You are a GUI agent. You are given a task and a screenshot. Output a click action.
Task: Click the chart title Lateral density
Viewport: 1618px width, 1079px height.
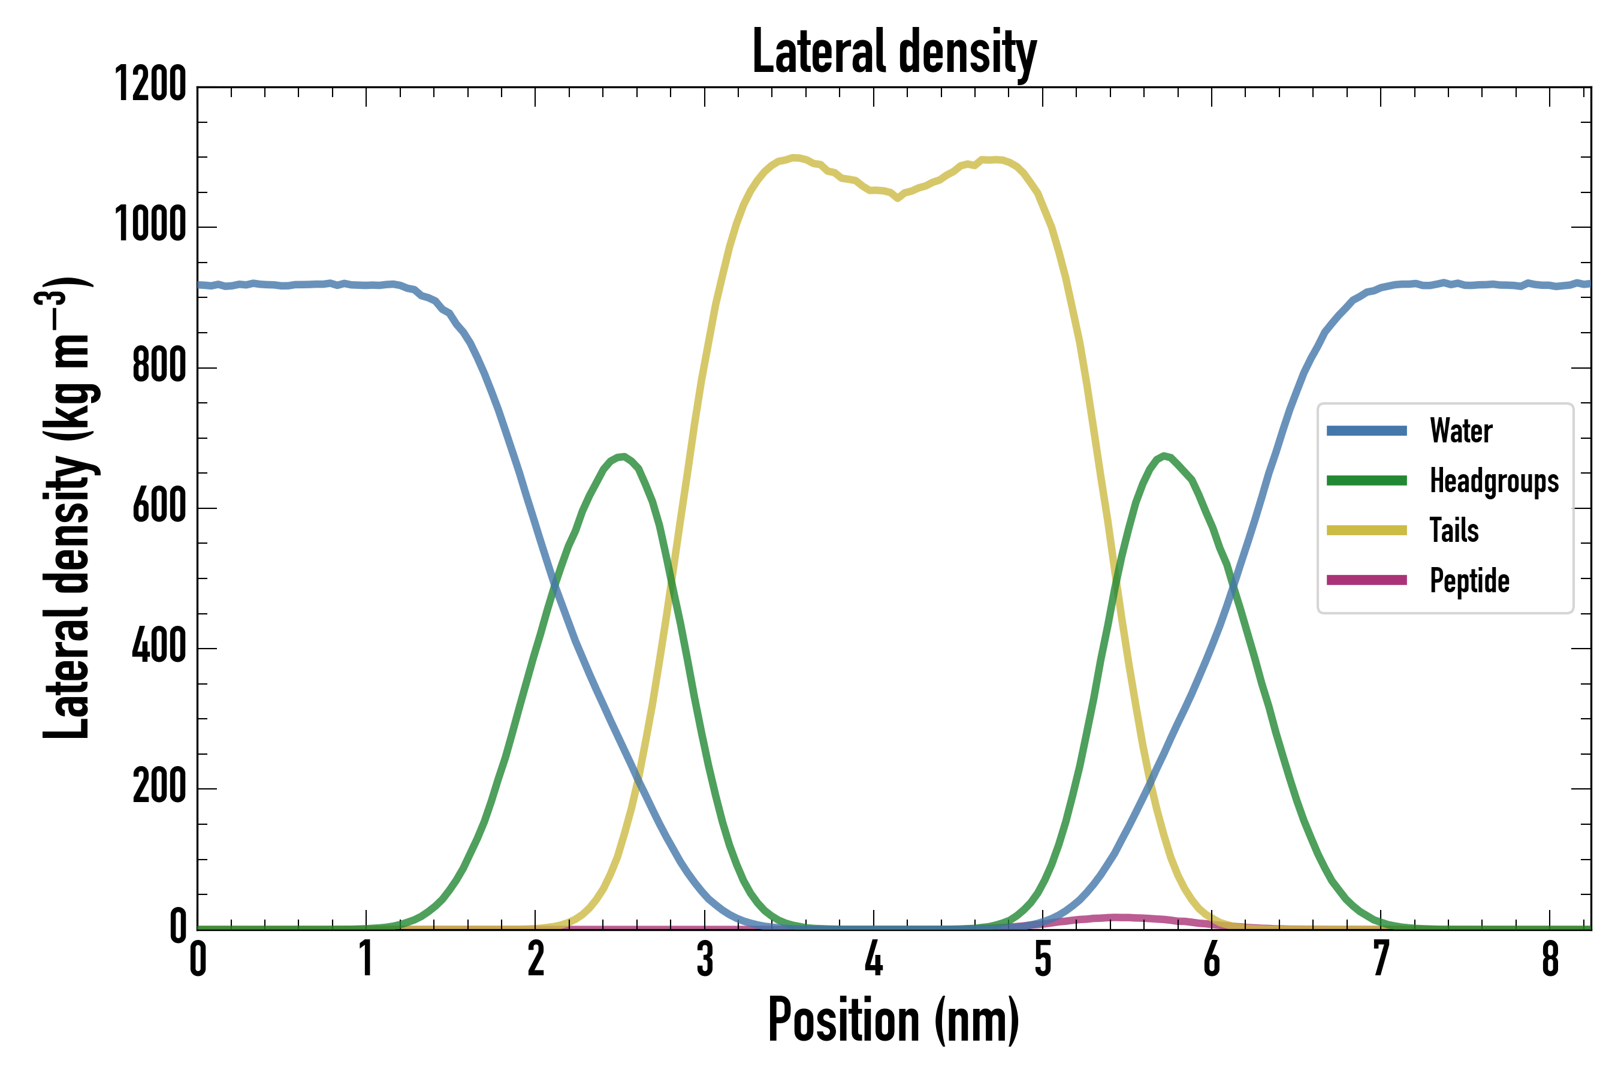(893, 52)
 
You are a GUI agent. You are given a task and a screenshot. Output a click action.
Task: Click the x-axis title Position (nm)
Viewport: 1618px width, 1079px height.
(893, 1020)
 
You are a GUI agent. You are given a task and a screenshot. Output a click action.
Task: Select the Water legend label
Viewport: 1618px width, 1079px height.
(1460, 432)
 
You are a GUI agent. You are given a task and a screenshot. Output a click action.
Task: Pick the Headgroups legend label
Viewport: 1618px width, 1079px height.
(1493, 481)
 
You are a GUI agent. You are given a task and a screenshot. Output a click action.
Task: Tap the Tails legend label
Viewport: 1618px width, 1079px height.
(1454, 531)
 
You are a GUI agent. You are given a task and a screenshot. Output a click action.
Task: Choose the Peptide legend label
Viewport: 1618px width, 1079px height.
(1469, 580)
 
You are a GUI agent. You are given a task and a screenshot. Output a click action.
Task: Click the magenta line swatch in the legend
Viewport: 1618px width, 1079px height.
(1366, 580)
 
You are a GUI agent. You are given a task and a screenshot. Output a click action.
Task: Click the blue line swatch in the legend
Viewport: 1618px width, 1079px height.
(1366, 432)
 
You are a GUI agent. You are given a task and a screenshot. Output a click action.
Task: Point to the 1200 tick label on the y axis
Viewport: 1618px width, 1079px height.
(150, 85)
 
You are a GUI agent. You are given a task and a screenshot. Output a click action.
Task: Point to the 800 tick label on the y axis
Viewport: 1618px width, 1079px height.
(159, 366)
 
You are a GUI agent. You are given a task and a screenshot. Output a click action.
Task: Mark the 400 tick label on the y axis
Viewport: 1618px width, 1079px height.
(159, 647)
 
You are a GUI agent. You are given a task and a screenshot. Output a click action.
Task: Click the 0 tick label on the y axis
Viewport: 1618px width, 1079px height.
(178, 927)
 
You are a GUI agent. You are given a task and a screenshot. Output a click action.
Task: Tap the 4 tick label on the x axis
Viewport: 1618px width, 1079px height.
(874, 959)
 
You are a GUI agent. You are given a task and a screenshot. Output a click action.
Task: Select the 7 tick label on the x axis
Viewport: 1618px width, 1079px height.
(1381, 959)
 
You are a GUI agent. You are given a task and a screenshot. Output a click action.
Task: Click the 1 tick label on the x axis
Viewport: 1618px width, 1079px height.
(367, 959)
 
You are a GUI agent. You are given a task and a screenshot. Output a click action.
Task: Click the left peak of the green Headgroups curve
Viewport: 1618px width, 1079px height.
(622, 457)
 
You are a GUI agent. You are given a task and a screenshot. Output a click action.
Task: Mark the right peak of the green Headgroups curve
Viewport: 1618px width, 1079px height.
(1163, 456)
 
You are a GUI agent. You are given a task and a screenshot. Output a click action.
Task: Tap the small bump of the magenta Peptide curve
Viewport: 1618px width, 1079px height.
(1115, 917)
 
